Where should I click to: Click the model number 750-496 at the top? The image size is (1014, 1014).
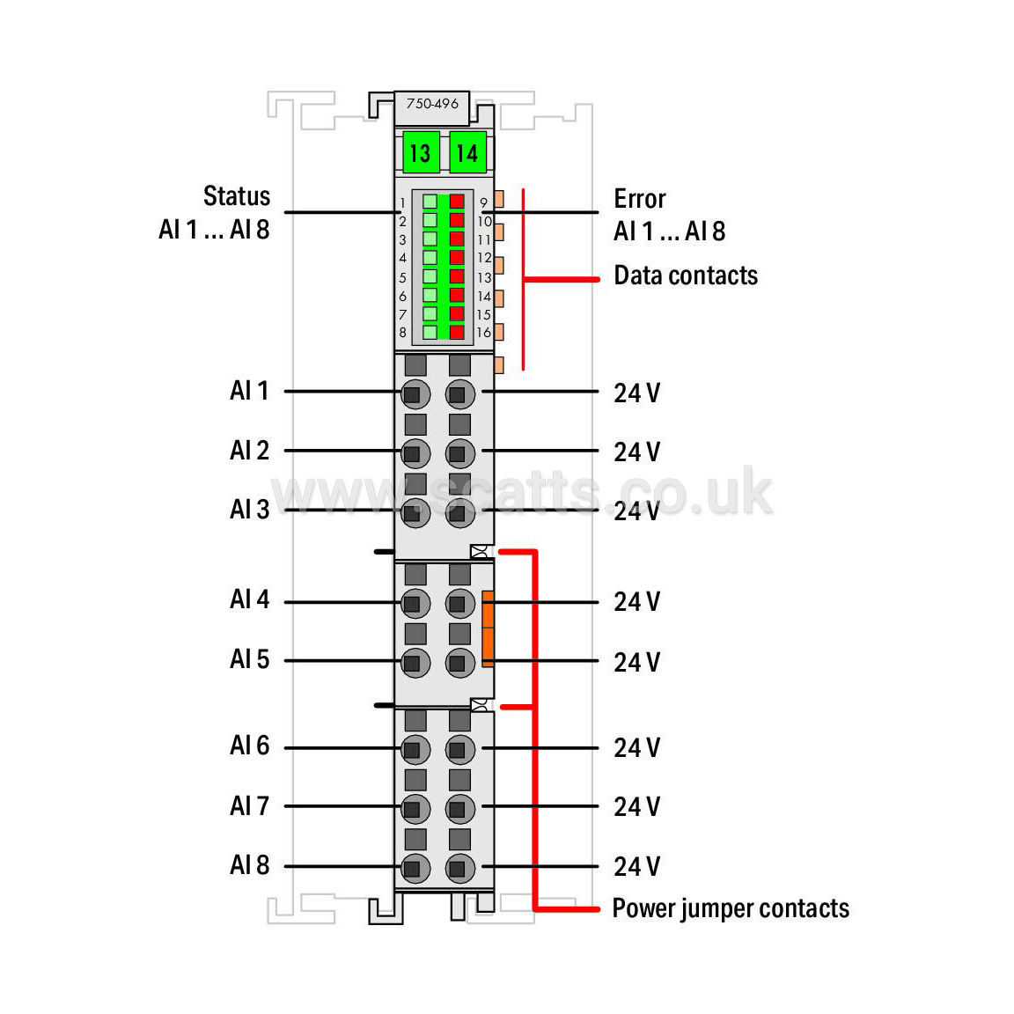(432, 104)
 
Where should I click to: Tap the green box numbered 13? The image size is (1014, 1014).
(421, 153)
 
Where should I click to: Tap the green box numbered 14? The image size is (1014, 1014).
(467, 153)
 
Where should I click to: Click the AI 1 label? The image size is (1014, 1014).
(249, 390)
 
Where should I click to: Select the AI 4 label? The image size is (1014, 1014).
(249, 599)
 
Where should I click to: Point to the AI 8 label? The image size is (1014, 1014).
(249, 864)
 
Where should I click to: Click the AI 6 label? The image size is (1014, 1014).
(249, 746)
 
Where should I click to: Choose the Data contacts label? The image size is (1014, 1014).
(686, 276)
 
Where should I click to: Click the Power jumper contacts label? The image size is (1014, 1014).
(731, 908)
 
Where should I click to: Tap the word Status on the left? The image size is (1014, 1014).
(237, 195)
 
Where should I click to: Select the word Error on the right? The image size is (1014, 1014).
(640, 198)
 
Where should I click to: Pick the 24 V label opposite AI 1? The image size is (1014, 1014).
(636, 393)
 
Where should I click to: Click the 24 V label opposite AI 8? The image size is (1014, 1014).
(636, 866)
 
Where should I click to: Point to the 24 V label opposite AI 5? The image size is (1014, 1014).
(636, 662)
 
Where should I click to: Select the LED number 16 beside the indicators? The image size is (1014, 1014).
(484, 333)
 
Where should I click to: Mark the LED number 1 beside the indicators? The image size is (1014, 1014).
(403, 202)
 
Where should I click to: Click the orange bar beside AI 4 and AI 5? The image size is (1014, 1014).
(488, 628)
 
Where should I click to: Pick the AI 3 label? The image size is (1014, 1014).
(249, 509)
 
